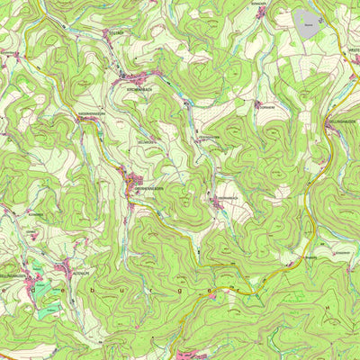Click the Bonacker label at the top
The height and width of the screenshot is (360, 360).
point(260,4)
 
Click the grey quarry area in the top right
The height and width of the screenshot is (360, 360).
point(310,21)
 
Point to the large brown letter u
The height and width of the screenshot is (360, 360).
point(138,292)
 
